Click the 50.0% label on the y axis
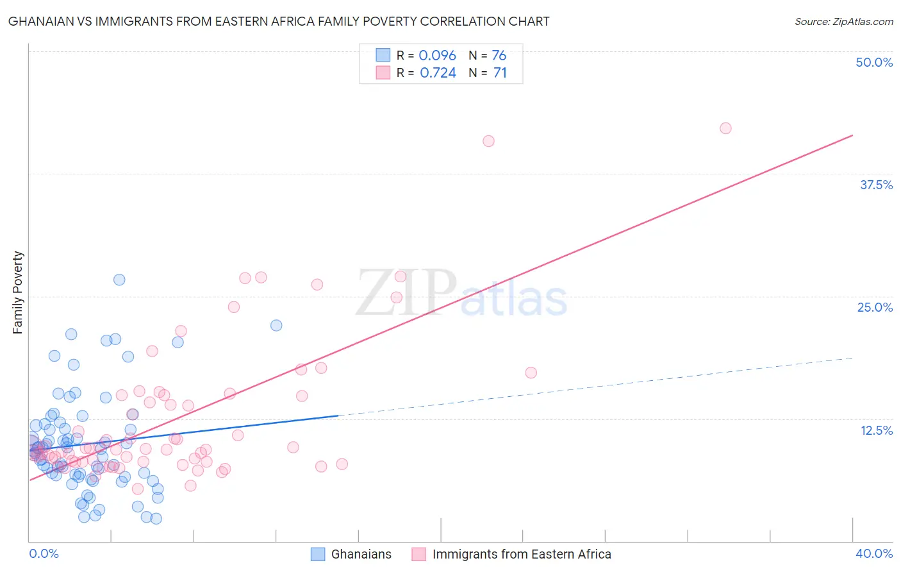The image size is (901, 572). (874, 62)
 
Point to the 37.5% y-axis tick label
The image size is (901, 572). (876, 185)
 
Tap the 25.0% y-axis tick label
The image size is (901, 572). (875, 307)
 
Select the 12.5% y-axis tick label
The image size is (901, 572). (876, 430)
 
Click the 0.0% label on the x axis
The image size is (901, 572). (44, 553)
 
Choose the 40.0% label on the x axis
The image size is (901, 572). (874, 553)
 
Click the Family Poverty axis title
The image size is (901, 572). (18, 292)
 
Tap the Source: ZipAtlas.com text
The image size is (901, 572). (843, 21)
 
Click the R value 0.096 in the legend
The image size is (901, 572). (437, 55)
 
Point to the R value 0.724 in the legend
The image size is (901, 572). (438, 72)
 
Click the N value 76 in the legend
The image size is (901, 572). (499, 55)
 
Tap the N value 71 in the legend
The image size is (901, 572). (500, 72)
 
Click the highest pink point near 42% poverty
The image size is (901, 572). (725, 128)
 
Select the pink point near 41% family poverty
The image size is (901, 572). (488, 141)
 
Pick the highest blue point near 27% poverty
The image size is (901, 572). (119, 280)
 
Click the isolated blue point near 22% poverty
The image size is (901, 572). (276, 325)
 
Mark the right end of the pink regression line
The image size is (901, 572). (852, 135)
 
